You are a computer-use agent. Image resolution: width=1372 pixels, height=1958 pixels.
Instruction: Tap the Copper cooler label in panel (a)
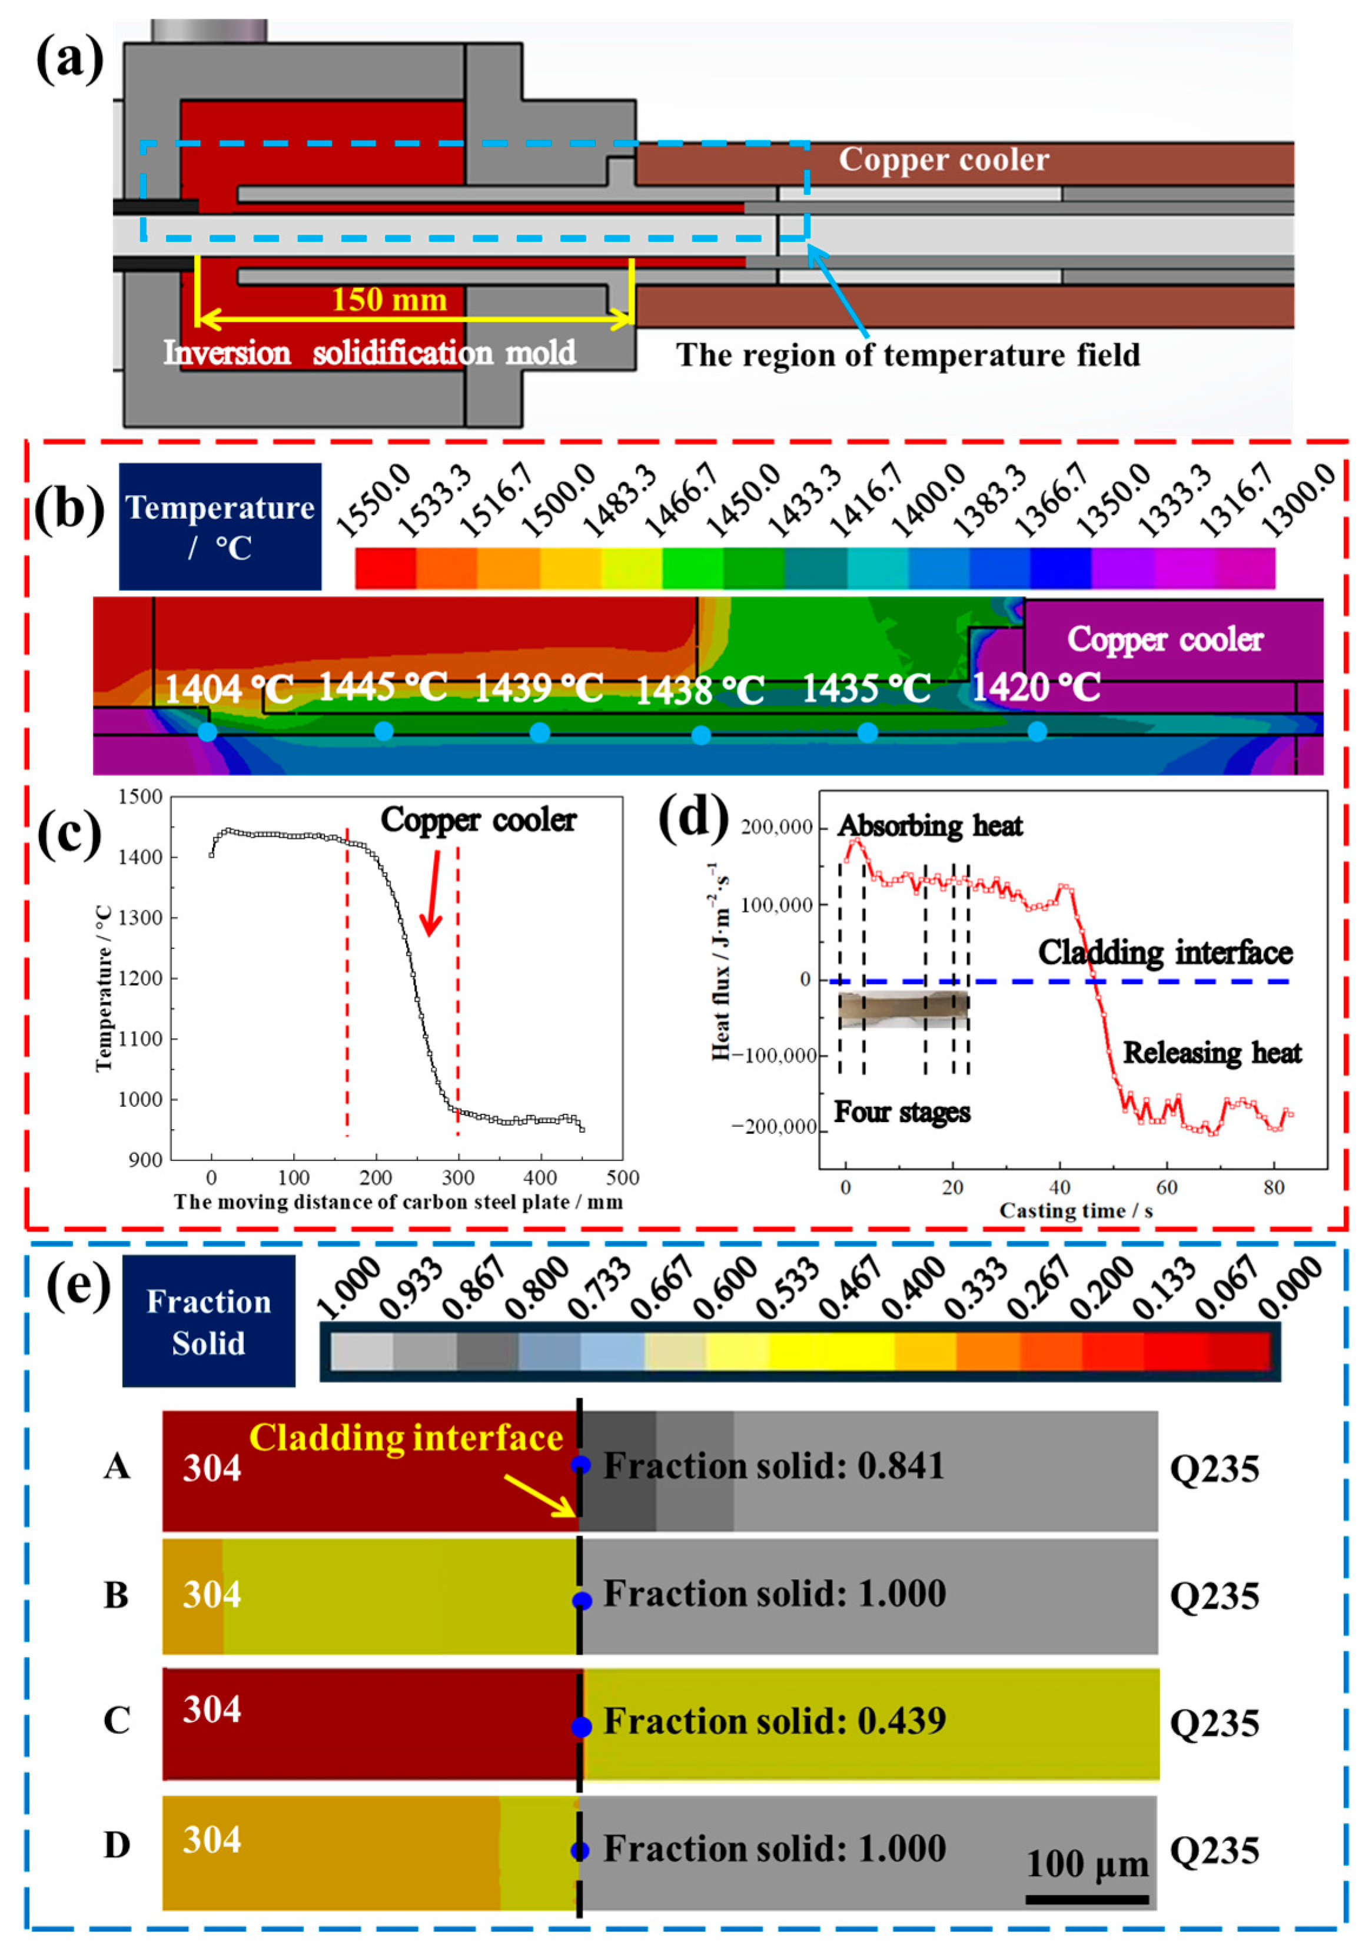click(943, 160)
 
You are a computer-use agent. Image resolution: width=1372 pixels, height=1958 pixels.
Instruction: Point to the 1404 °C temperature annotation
click(228, 689)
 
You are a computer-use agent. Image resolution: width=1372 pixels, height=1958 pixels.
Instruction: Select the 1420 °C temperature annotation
click(1036, 688)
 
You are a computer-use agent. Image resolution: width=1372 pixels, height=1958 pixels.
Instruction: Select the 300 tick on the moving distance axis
click(458, 1178)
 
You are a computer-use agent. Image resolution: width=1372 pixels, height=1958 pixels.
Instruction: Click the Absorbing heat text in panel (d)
click(929, 825)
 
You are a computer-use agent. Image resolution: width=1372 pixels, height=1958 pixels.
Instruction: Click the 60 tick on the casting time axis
click(1167, 1187)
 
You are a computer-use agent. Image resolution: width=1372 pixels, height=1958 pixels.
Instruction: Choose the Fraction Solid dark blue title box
click(209, 1322)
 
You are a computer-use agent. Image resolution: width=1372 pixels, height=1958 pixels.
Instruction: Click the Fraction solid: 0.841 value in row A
click(773, 1466)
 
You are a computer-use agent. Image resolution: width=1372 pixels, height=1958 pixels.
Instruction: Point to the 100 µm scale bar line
click(1087, 1899)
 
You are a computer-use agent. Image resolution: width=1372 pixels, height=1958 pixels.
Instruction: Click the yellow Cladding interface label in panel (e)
click(406, 1438)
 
